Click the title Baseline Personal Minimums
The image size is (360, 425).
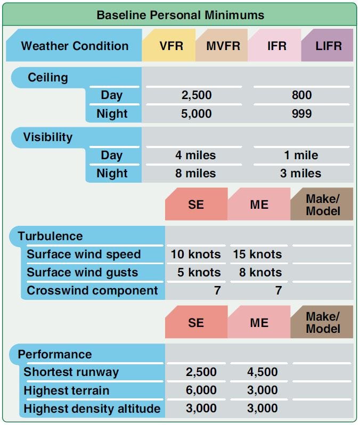pos(181,15)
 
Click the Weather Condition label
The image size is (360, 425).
pos(75,46)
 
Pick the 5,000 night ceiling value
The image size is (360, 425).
pos(197,113)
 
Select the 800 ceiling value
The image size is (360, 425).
pos(302,95)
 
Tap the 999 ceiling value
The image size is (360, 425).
pos(302,113)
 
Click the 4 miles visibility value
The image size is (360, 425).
pos(195,156)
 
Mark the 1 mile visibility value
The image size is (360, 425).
pos(301,156)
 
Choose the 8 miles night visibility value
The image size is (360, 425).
pos(195,174)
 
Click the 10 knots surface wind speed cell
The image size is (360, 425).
pos(195,255)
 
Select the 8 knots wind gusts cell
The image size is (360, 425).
pos(260,272)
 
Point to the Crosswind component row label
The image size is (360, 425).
pos(92,291)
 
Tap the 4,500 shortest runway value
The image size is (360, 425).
pos(263,372)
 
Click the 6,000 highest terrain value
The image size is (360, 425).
pos(201,390)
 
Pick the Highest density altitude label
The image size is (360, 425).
pos(92,408)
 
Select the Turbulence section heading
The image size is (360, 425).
pos(50,236)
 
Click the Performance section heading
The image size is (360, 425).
pos(55,354)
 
